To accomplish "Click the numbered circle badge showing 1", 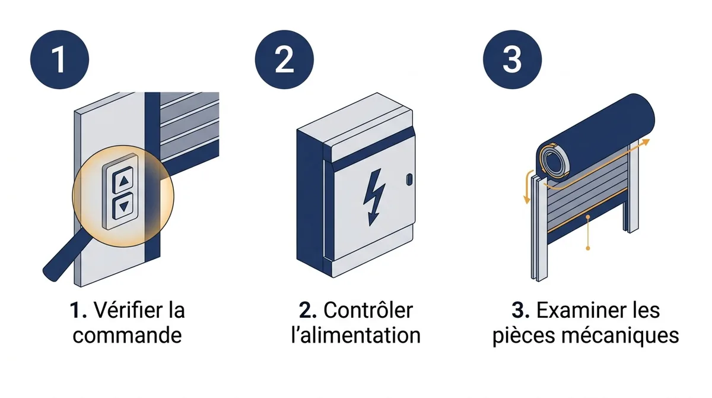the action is tap(59, 59).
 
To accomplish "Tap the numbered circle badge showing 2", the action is tap(284, 59).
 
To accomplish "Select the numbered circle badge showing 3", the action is tap(512, 59).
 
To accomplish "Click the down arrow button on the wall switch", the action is tap(124, 207).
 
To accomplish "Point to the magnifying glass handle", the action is tap(60, 258).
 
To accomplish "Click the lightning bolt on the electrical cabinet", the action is tap(374, 197).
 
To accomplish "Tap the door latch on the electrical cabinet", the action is tap(409, 179).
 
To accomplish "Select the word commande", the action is tap(127, 335).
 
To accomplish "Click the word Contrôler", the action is tap(368, 310).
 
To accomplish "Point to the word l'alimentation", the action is tap(355, 335).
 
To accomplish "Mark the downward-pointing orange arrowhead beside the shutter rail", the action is tap(527, 200).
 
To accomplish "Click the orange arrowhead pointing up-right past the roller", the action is tap(646, 142).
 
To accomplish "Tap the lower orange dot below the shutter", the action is tap(588, 248).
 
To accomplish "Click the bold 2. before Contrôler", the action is tap(308, 311).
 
